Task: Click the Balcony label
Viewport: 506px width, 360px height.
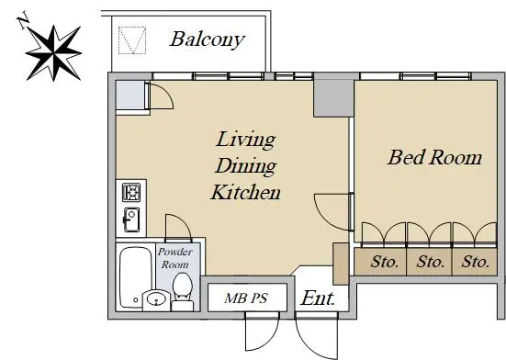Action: [x=208, y=39]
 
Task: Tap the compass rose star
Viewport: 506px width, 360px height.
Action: [x=53, y=53]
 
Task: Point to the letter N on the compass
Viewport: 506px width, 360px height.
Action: [x=23, y=20]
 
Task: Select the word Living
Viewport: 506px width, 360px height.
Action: [x=245, y=140]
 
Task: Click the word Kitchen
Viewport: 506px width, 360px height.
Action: [x=245, y=192]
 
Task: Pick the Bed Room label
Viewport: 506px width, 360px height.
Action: [x=434, y=157]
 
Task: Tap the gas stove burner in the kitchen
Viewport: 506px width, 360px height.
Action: [x=131, y=193]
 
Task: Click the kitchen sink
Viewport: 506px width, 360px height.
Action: [x=131, y=219]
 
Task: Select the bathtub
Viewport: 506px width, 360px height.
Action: [x=136, y=277]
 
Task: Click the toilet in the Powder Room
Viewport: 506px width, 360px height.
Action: [x=183, y=292]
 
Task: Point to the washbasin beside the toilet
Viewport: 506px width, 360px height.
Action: [x=156, y=299]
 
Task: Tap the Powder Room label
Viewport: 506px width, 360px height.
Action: [x=175, y=258]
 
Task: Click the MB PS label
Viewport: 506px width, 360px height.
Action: [x=246, y=298]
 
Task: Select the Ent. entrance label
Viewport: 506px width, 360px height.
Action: [x=318, y=298]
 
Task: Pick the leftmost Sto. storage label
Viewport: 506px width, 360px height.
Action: [x=385, y=262]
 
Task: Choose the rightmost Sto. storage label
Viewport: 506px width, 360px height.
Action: [x=476, y=262]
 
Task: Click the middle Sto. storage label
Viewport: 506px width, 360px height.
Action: [x=430, y=262]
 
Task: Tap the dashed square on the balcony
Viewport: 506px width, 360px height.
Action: [x=132, y=40]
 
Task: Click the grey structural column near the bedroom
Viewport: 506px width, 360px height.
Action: [x=334, y=98]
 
